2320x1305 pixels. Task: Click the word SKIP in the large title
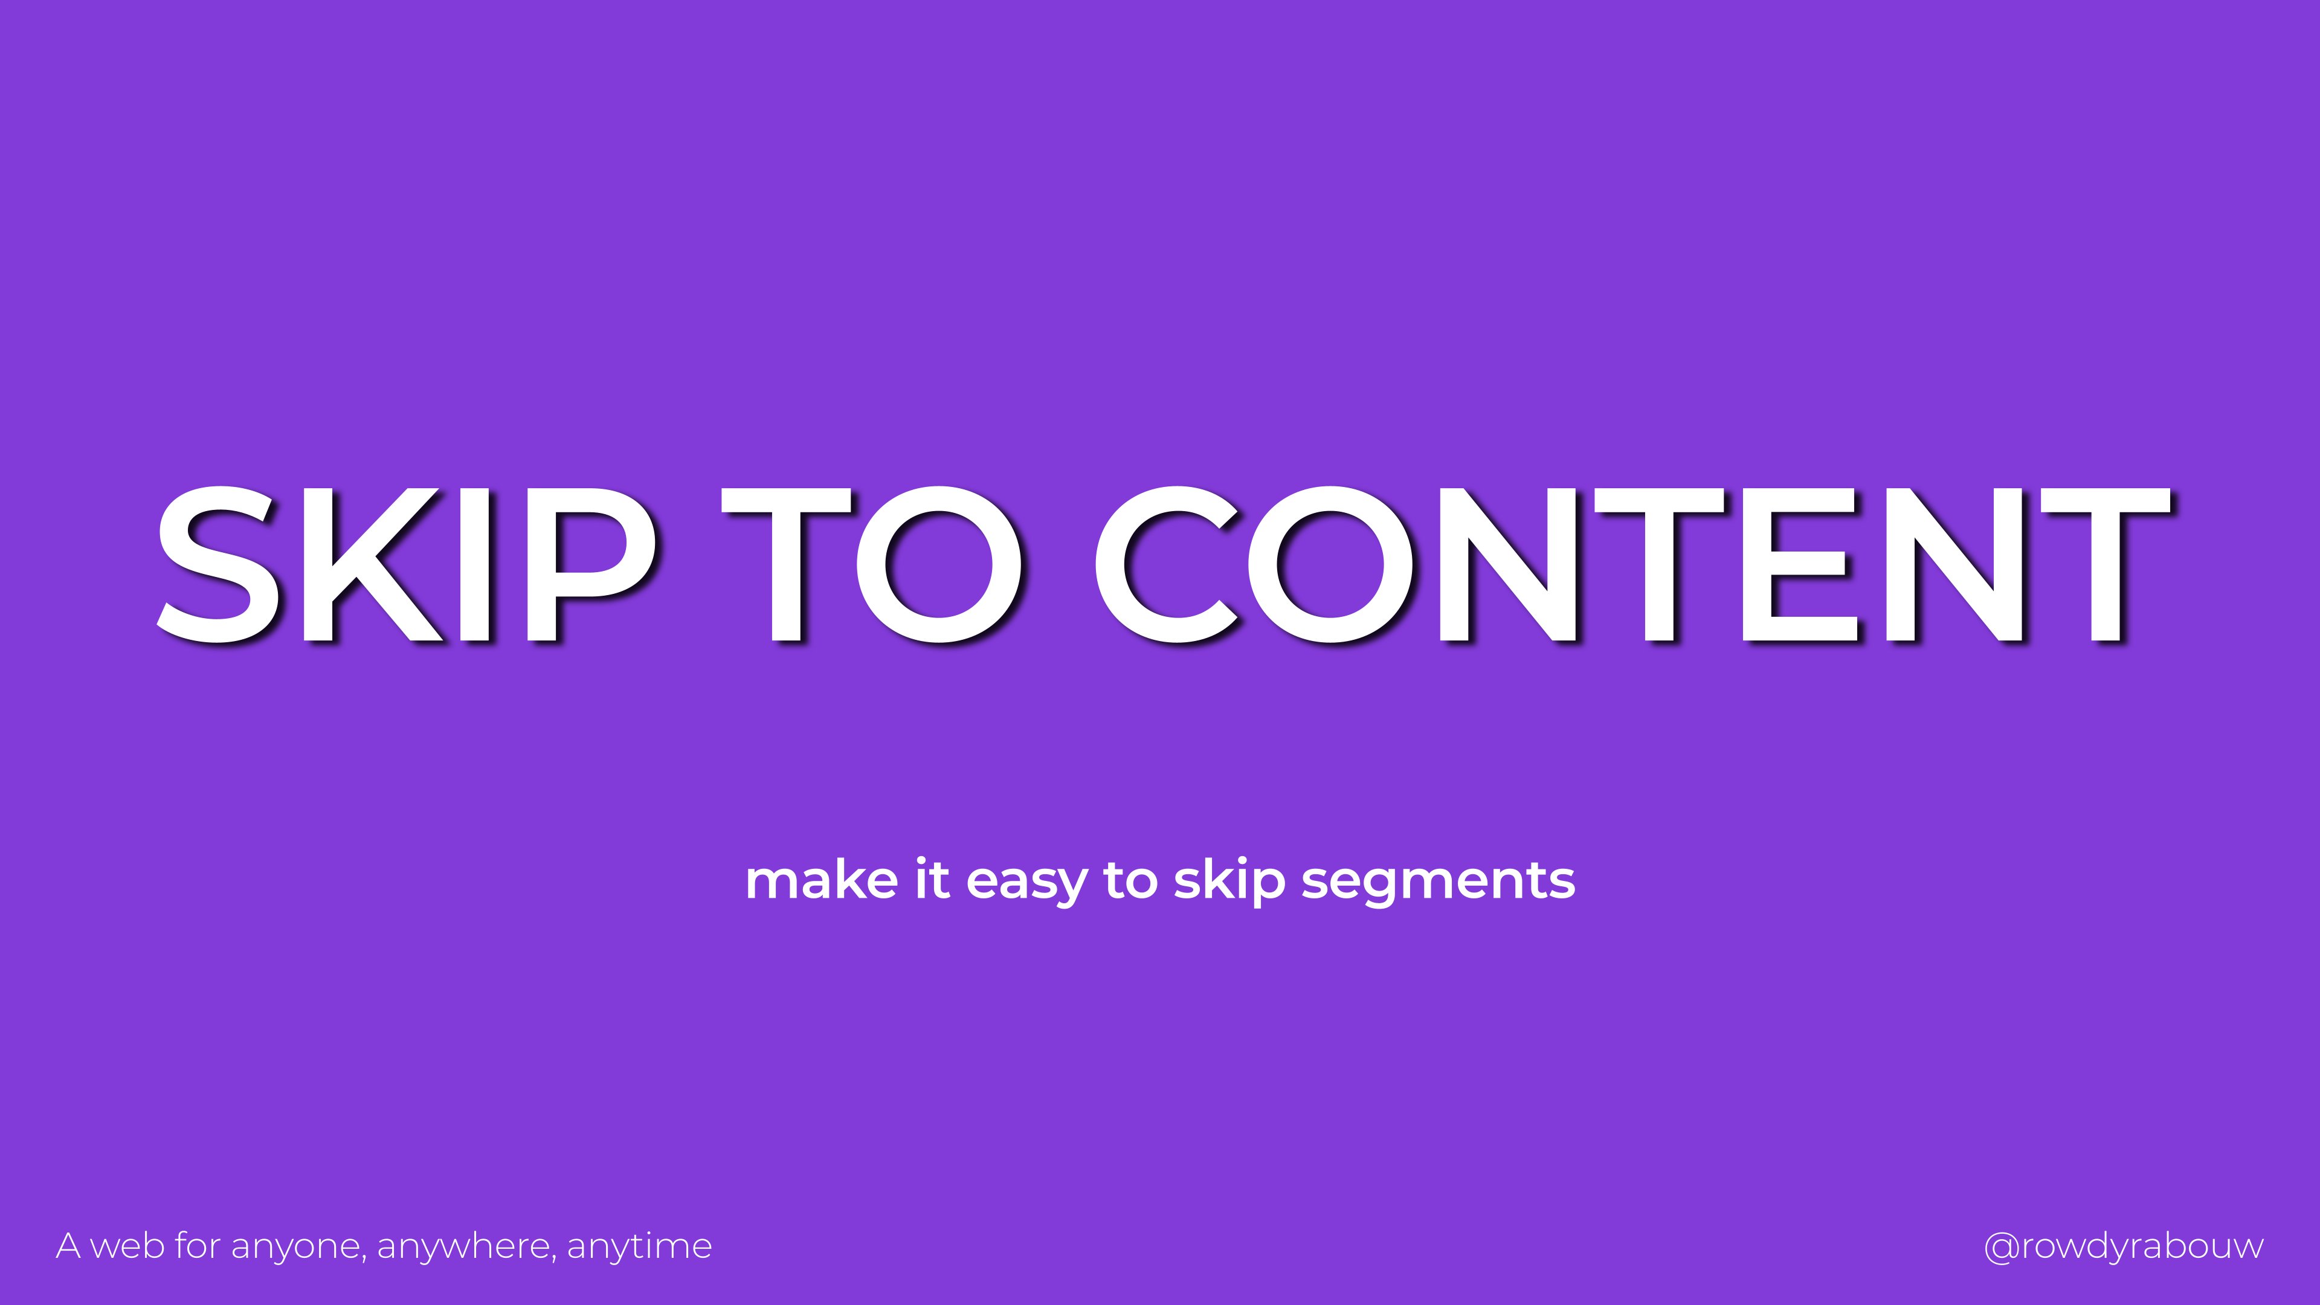coord(407,565)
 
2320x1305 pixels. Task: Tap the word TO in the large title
coord(872,565)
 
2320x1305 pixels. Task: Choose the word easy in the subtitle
coord(1026,883)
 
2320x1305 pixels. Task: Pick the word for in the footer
coord(197,1246)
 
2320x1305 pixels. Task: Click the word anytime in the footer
coord(639,1248)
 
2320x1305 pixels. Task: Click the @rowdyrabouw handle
coord(2124,1248)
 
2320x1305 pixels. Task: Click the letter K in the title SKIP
coord(372,565)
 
